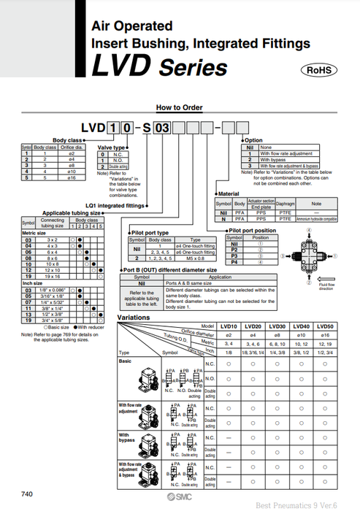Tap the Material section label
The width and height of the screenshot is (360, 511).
click(x=229, y=193)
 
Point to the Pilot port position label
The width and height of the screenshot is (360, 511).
click(x=253, y=231)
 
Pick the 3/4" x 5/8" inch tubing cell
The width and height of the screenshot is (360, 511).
click(x=53, y=320)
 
